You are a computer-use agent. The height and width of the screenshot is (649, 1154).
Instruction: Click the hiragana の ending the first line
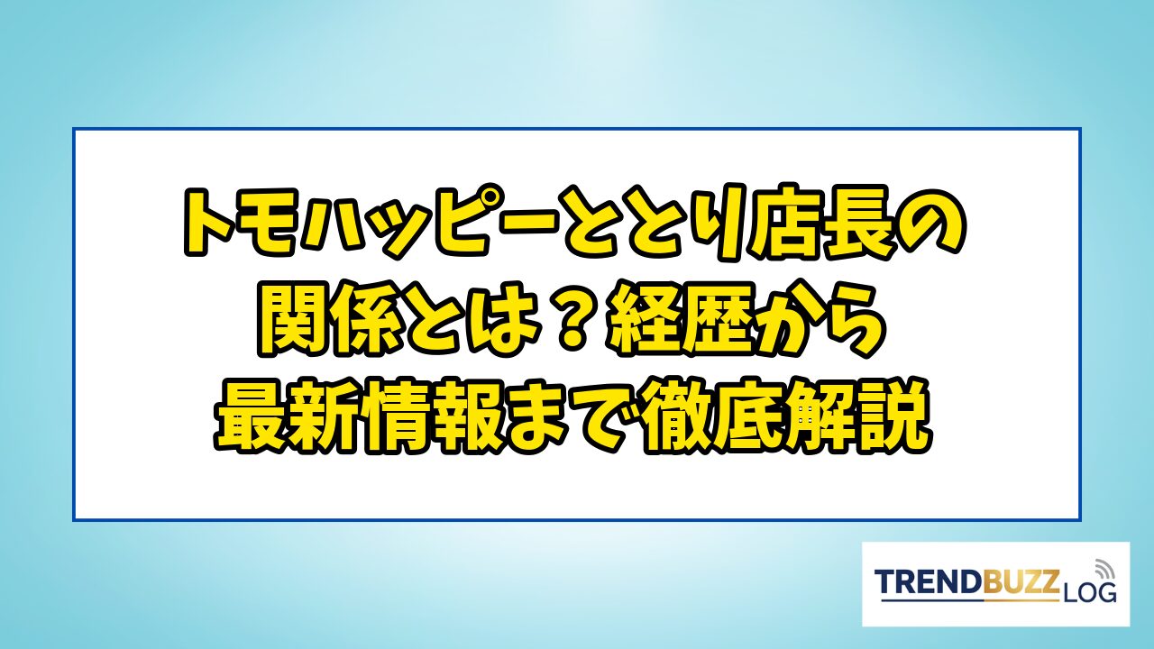tap(930, 223)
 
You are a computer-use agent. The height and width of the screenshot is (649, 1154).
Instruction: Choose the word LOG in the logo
tap(1088, 593)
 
